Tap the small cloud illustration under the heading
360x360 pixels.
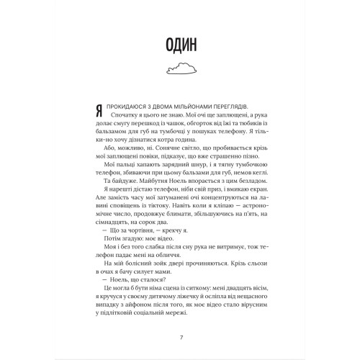point(180,68)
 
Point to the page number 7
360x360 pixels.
point(180,337)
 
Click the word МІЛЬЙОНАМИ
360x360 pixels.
point(203,105)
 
